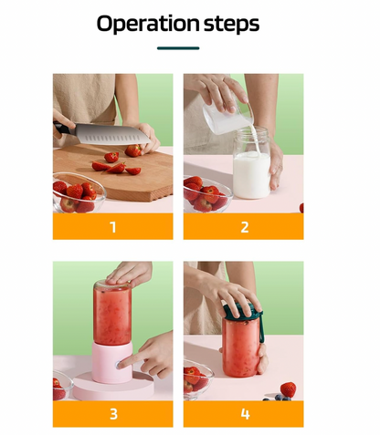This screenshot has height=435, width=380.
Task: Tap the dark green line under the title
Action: pyautogui.click(x=178, y=47)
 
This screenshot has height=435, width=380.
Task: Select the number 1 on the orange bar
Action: pyautogui.click(x=113, y=227)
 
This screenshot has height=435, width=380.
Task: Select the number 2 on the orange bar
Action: pyautogui.click(x=244, y=227)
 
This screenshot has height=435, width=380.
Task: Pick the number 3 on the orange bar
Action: pyautogui.click(x=113, y=414)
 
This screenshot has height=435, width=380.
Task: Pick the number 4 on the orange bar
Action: pyautogui.click(x=244, y=414)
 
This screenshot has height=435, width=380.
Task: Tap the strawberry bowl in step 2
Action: pyautogui.click(x=203, y=194)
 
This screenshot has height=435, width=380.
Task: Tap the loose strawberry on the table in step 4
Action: pyautogui.click(x=288, y=389)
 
